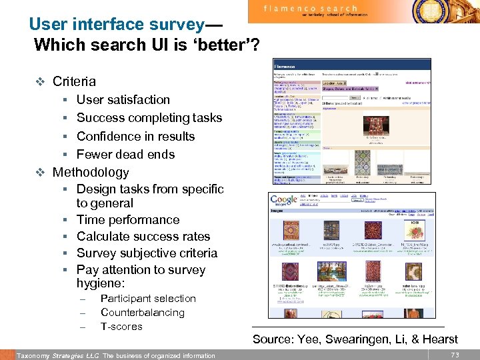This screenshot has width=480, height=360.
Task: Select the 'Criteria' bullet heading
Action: [74, 82]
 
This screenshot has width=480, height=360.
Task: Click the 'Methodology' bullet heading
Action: [91, 172]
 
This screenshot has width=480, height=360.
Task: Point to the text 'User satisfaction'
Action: [123, 100]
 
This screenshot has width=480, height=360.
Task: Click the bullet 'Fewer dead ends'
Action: [125, 154]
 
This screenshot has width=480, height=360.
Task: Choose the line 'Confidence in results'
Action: [135, 136]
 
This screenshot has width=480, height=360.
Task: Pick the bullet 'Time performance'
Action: [128, 220]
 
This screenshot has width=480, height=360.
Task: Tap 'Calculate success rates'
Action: [143, 237]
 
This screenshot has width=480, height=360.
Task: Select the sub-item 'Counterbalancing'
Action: [142, 313]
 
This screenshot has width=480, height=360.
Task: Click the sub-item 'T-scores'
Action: [121, 327]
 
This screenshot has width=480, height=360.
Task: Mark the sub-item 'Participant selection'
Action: [148, 299]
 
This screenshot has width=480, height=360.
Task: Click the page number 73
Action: [455, 355]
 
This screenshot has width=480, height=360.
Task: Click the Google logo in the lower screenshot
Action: [284, 200]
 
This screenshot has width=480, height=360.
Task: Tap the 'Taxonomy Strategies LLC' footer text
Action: [57, 355]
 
